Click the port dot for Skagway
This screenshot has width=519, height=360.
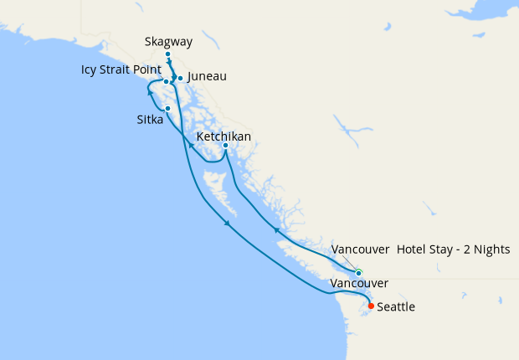pos(168,54)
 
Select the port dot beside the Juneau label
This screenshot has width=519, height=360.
pos(180,79)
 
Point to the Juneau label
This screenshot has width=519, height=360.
pos(207,76)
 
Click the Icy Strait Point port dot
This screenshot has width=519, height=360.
pos(166,81)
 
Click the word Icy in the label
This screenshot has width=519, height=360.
pos(89,70)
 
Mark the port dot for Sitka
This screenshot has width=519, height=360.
pos(168,109)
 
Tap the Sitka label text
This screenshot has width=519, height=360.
pos(151,121)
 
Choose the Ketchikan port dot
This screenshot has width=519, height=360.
pos(225,146)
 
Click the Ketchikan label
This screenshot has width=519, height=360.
pos(224,136)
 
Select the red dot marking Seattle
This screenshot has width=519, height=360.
pos(371,305)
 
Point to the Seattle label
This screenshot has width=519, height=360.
pos(396,307)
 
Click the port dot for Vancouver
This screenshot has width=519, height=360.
pos(358,273)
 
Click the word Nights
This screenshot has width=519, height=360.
pos(492,249)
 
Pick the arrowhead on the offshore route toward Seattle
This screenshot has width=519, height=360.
pos(228,223)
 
